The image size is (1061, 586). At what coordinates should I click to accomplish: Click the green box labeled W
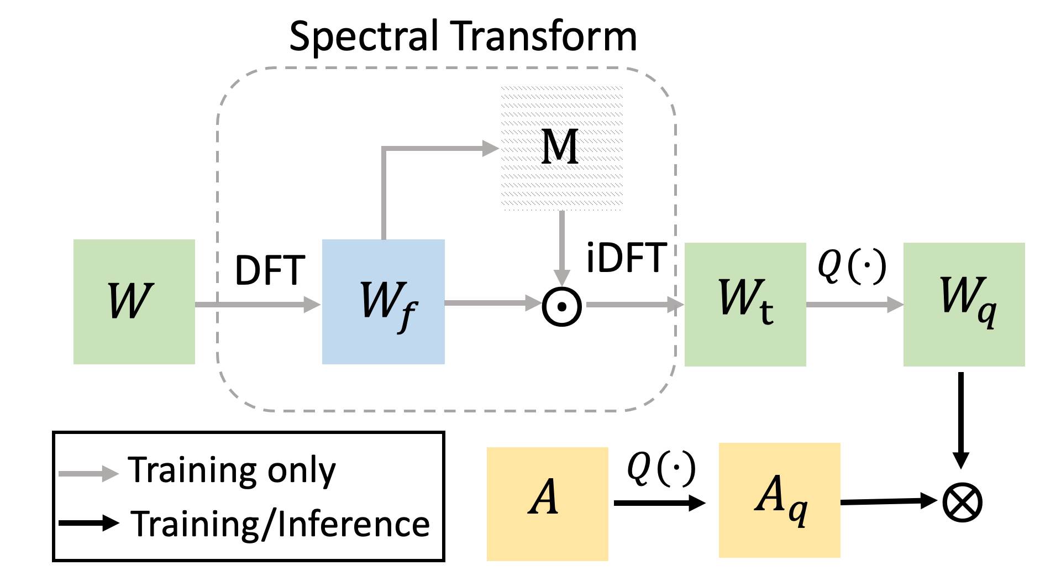click(x=134, y=302)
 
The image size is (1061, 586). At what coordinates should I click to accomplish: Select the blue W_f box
click(x=384, y=302)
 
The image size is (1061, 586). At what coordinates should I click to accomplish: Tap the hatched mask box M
click(x=562, y=148)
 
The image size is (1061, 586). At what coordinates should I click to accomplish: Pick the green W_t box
click(x=745, y=305)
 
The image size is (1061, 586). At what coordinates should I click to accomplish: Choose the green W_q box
click(x=964, y=305)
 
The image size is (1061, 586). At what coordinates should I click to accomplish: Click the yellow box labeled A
click(x=548, y=504)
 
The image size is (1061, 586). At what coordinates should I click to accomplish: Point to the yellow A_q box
click(x=780, y=500)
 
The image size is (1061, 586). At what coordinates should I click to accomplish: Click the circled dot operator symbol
click(x=562, y=306)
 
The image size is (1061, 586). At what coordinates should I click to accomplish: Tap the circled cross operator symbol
click(x=962, y=503)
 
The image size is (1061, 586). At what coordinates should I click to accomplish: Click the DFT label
click(x=270, y=271)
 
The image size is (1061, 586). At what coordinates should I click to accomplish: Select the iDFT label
click(x=627, y=258)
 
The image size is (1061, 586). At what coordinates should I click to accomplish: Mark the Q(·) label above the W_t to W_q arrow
click(x=852, y=266)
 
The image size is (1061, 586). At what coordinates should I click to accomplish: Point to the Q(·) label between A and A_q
click(x=661, y=468)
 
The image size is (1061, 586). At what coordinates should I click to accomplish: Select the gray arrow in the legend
click(x=89, y=473)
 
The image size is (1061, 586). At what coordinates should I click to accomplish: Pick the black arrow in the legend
click(x=89, y=522)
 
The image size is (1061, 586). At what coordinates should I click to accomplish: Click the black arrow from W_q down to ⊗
click(x=961, y=420)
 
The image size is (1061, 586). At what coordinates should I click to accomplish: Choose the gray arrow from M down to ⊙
click(x=562, y=249)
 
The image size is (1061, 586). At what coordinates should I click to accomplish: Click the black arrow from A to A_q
click(x=660, y=503)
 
